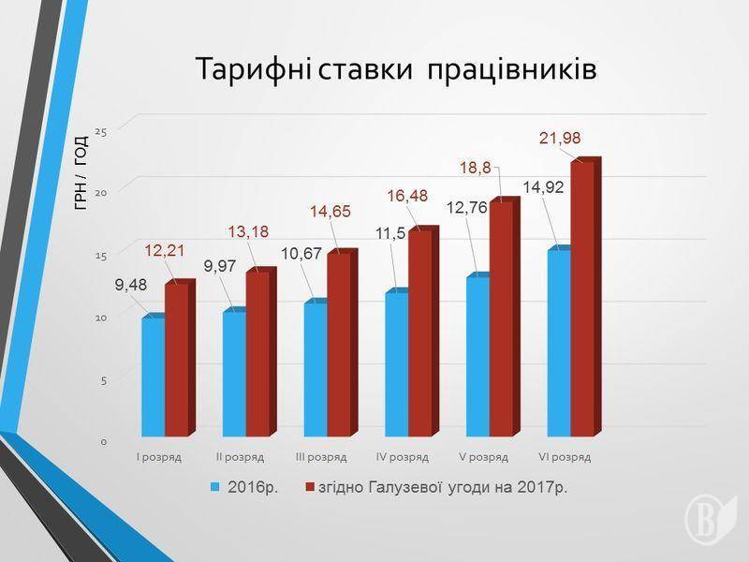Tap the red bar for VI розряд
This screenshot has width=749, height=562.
point(582,300)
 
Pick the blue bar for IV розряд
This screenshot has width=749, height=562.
point(396,365)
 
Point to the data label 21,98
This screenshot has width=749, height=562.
point(560,139)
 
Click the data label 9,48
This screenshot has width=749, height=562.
point(131,286)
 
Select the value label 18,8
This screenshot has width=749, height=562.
point(475,169)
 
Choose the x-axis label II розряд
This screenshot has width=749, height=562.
point(241,457)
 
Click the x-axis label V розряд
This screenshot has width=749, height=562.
point(483,457)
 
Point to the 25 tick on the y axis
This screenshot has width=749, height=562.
point(101,130)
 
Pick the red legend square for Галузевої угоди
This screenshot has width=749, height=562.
point(308,487)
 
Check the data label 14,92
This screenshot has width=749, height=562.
point(543,187)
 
